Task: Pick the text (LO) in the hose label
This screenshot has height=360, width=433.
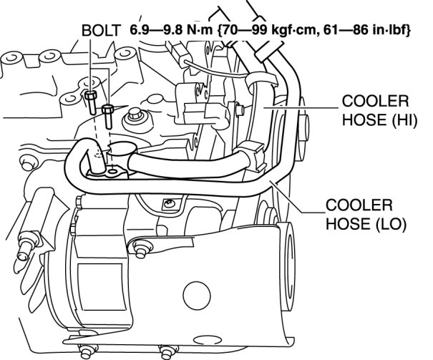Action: [389, 223]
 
